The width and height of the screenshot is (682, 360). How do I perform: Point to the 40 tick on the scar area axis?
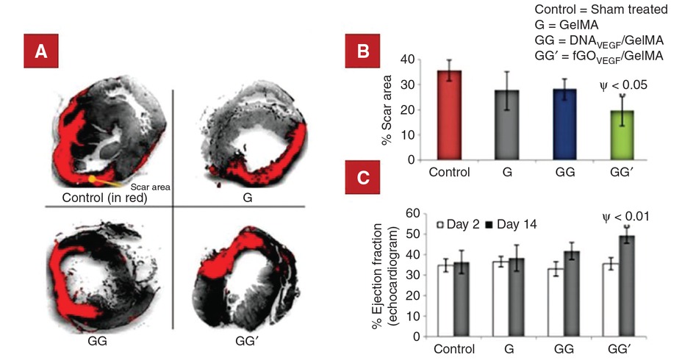click(x=410, y=60)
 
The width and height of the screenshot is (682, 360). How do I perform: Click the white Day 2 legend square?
click(x=441, y=224)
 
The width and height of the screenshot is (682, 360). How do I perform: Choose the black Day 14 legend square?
click(x=488, y=224)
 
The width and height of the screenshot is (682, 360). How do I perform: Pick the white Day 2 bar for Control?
click(x=443, y=300)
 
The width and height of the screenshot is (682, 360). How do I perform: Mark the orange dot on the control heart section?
click(x=91, y=179)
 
